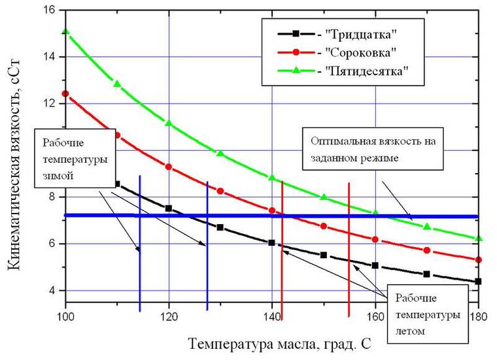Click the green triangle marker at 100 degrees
tap(65, 31)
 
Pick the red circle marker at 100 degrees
tap(65, 93)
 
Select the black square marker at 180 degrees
tap(479, 282)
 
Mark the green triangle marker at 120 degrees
tap(169, 123)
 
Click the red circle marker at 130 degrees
tap(220, 191)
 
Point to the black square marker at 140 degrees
tap(272, 242)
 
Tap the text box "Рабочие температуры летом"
tap(428, 314)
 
